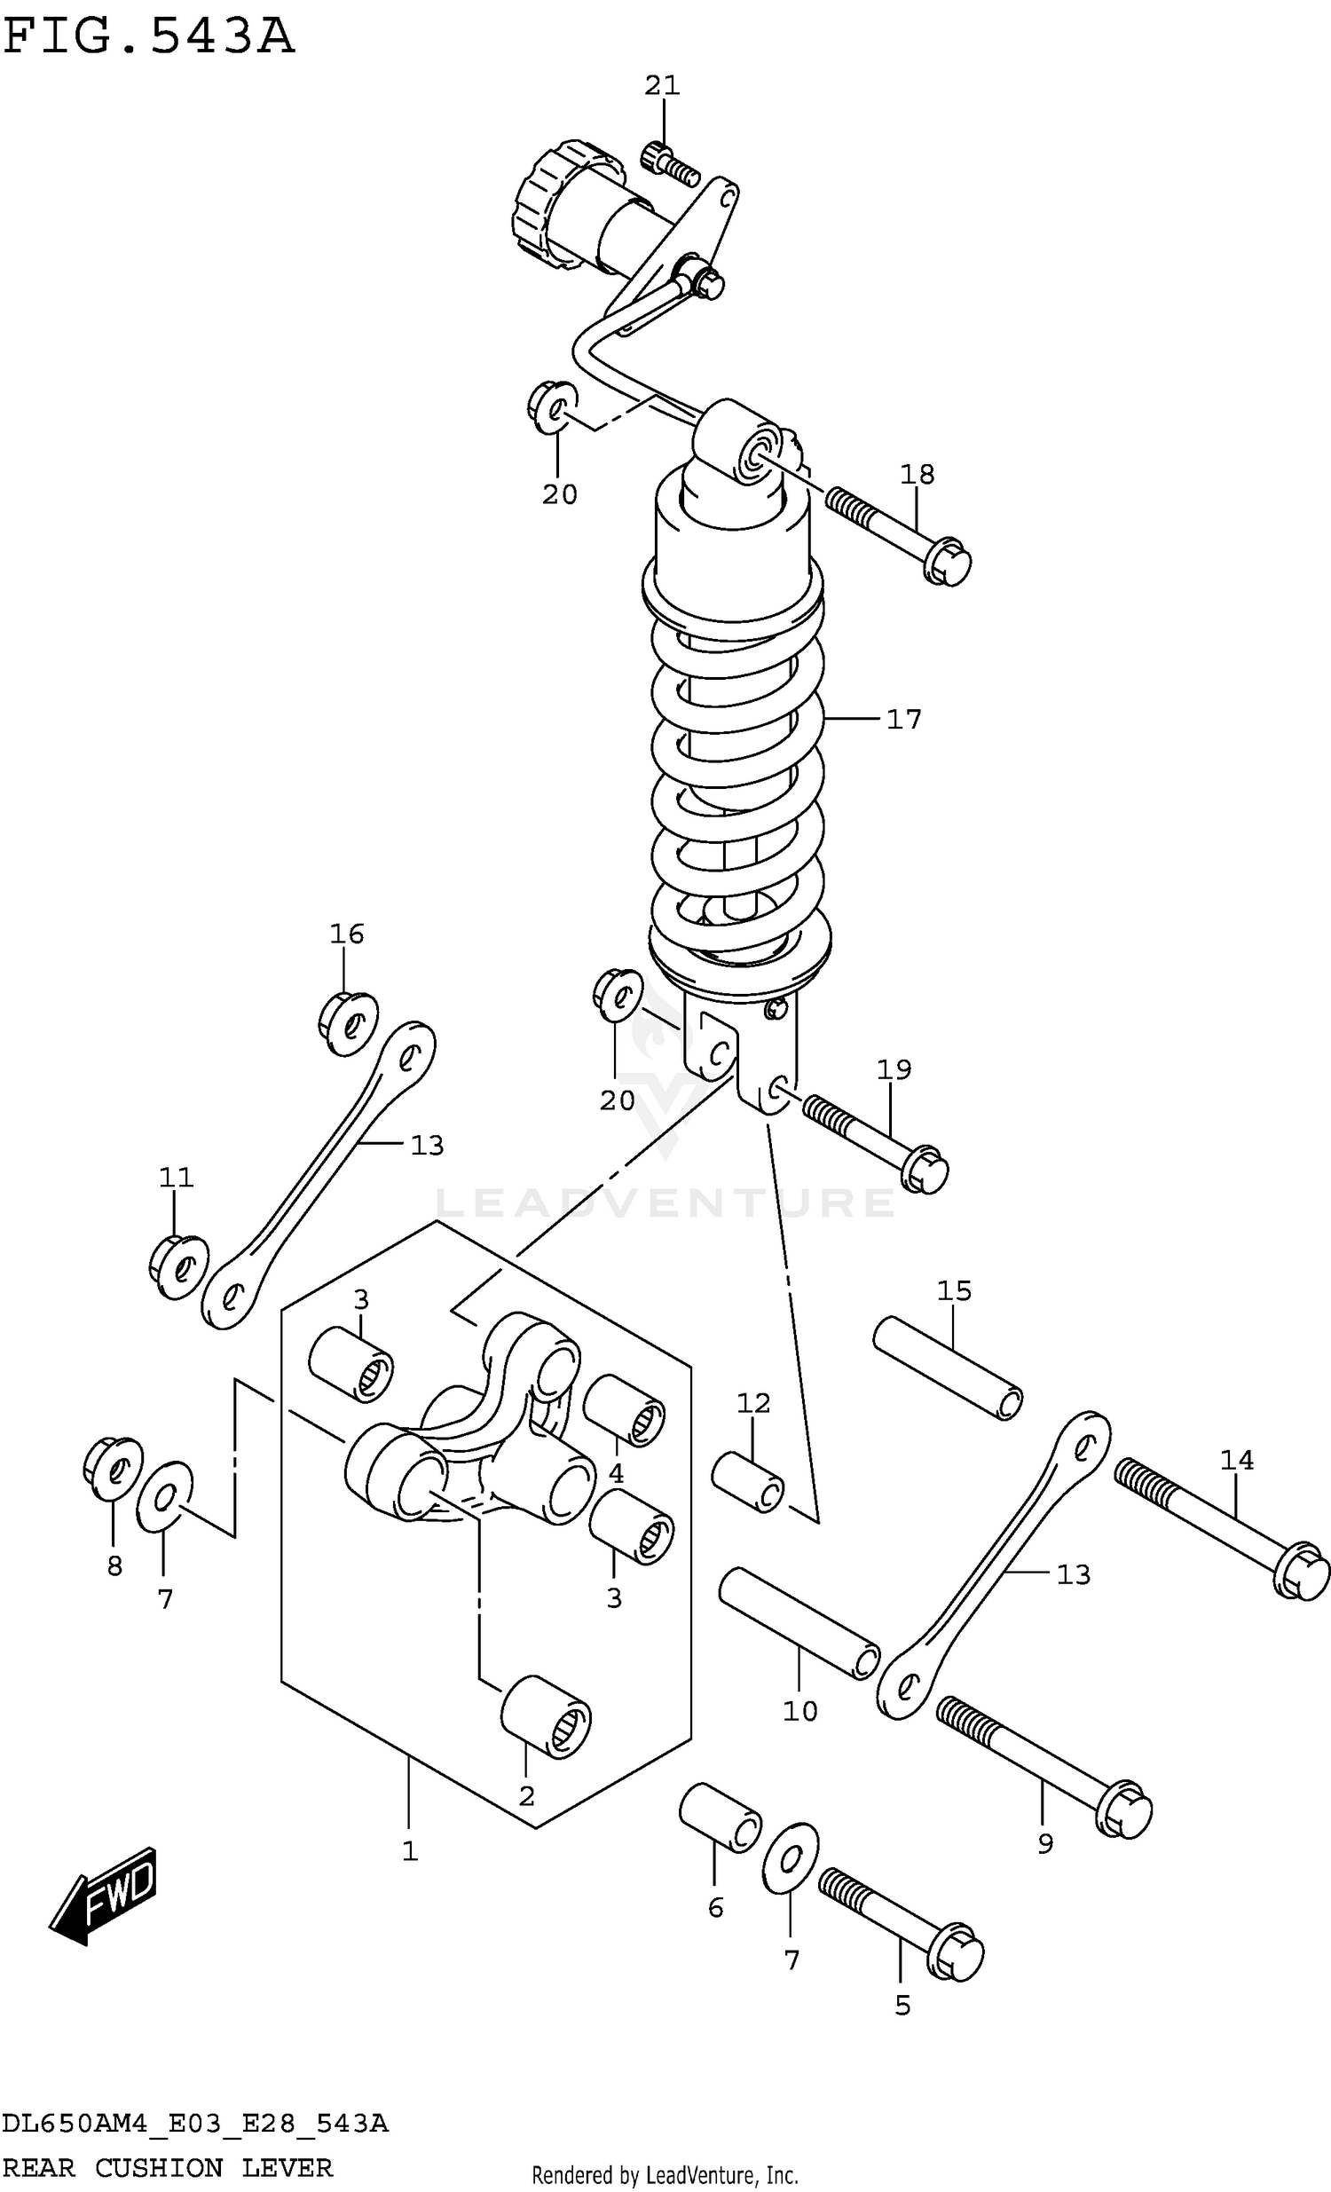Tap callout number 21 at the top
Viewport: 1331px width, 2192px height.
pos(662,86)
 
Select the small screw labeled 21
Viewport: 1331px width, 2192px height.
pos(669,163)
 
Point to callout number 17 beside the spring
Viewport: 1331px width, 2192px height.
pos(904,719)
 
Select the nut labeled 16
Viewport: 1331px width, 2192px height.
pos(348,1022)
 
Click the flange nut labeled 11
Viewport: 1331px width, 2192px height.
pos(179,1266)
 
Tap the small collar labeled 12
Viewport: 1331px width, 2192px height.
pos(747,1482)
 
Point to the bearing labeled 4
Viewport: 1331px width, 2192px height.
pos(624,1410)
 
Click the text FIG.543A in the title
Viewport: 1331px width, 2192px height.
pos(147,37)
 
